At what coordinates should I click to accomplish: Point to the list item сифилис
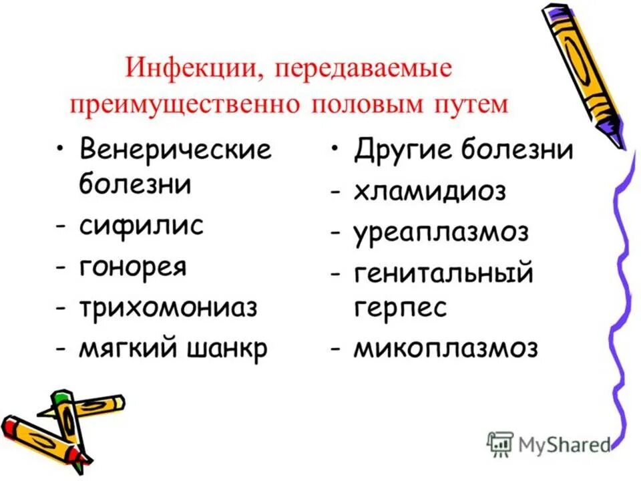(x=141, y=225)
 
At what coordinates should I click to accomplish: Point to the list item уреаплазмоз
(x=441, y=233)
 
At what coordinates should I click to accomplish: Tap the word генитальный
(x=443, y=275)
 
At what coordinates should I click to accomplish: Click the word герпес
(x=400, y=309)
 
